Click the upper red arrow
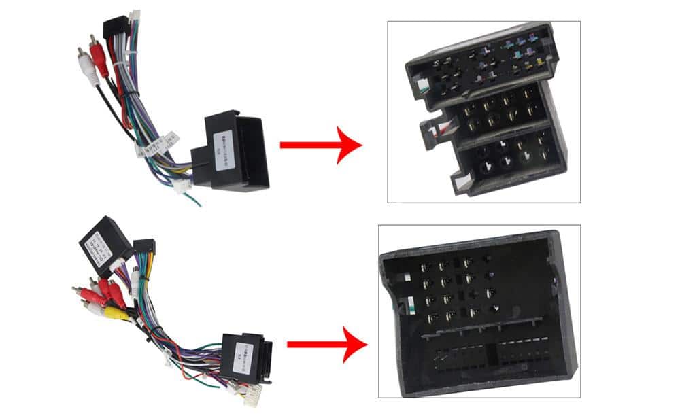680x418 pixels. click(320, 144)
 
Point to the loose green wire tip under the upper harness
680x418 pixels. click(197, 202)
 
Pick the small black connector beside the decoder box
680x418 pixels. click(144, 247)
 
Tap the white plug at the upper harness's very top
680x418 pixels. click(135, 15)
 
